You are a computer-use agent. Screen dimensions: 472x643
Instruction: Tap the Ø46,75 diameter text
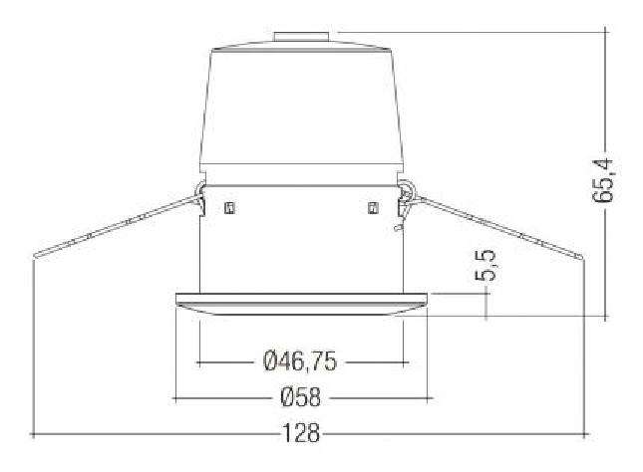coord(300,361)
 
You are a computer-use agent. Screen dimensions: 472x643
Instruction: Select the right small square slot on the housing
coord(373,208)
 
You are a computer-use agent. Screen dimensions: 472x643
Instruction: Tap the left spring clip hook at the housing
coord(199,194)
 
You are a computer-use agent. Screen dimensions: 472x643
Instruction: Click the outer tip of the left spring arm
coord(35,254)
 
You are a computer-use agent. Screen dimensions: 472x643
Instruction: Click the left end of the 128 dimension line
coord(34,434)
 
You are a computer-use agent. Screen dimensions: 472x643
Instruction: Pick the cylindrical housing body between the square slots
coord(301,239)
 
